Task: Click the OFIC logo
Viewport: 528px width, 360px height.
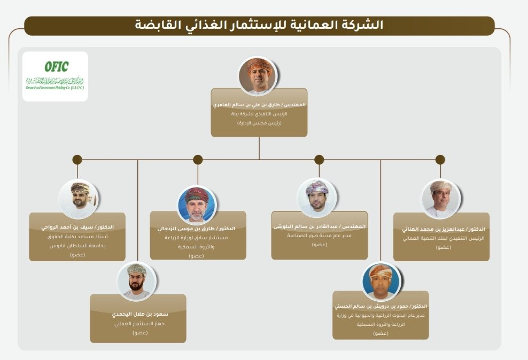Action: click(56, 76)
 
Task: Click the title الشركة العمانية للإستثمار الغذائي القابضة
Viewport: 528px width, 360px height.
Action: click(260, 25)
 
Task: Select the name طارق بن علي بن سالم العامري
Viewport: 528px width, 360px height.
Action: click(259, 105)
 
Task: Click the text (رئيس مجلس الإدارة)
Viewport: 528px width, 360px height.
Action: click(259, 123)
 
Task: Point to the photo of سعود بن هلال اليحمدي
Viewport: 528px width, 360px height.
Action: click(137, 281)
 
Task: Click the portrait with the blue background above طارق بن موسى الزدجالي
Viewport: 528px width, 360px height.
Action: click(197, 205)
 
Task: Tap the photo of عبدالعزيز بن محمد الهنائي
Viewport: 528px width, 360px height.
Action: click(440, 198)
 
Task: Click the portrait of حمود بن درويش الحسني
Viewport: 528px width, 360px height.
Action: click(381, 281)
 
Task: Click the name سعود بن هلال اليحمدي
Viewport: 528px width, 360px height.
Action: click(138, 314)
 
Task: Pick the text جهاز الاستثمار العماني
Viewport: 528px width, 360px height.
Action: click(138, 324)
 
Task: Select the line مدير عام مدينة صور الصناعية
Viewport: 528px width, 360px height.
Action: click(320, 236)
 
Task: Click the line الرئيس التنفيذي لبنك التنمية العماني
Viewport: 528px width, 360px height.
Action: click(441, 238)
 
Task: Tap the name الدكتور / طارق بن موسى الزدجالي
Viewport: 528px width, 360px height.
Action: click(198, 228)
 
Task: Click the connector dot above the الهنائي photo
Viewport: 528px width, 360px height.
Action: click(440, 159)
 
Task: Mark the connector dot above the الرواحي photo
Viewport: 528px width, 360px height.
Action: click(77, 159)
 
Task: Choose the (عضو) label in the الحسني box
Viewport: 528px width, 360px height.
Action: click(381, 333)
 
